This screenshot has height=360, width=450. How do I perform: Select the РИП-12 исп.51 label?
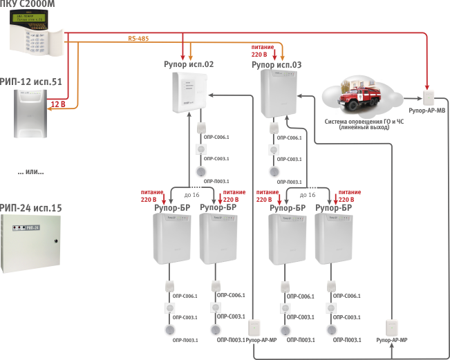pos(30,81)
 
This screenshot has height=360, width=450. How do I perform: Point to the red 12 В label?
pos(58,104)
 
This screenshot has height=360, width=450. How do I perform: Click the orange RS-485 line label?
pos(139,39)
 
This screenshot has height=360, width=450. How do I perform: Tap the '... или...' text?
pos(30,171)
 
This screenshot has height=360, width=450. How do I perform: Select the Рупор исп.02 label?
pos(188,64)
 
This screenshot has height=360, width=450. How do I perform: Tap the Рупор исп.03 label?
pos(276,64)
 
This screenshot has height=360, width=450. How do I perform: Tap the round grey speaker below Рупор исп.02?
pos(200,172)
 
